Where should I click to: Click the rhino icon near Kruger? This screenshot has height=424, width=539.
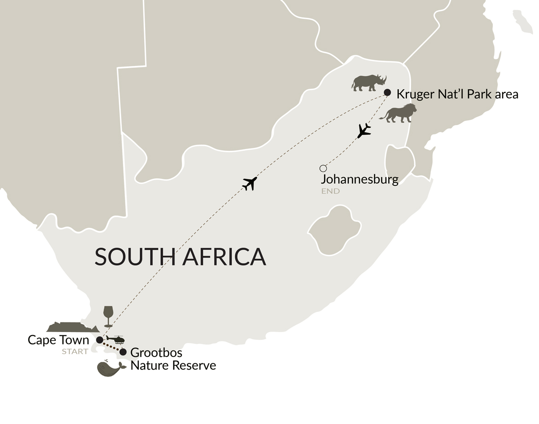[x=369, y=82]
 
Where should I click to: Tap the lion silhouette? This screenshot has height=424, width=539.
[x=399, y=113]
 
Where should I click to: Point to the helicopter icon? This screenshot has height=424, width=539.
[x=117, y=340]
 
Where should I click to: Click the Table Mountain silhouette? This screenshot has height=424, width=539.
[x=72, y=327]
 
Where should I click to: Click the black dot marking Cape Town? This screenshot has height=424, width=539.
[x=100, y=340]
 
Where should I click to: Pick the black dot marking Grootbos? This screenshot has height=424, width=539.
[x=123, y=352]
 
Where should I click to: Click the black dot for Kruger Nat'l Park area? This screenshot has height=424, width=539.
[x=387, y=92]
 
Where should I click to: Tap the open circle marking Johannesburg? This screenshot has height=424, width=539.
[x=323, y=168]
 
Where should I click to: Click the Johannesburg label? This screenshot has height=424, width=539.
[x=359, y=179]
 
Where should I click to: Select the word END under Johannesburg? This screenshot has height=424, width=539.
[x=330, y=191]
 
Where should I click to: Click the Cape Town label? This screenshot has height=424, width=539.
[x=58, y=340]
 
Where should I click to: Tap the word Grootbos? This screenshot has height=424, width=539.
[x=156, y=353]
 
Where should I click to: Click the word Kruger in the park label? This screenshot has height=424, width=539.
[x=413, y=94]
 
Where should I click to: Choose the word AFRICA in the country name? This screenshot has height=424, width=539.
[x=224, y=257]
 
